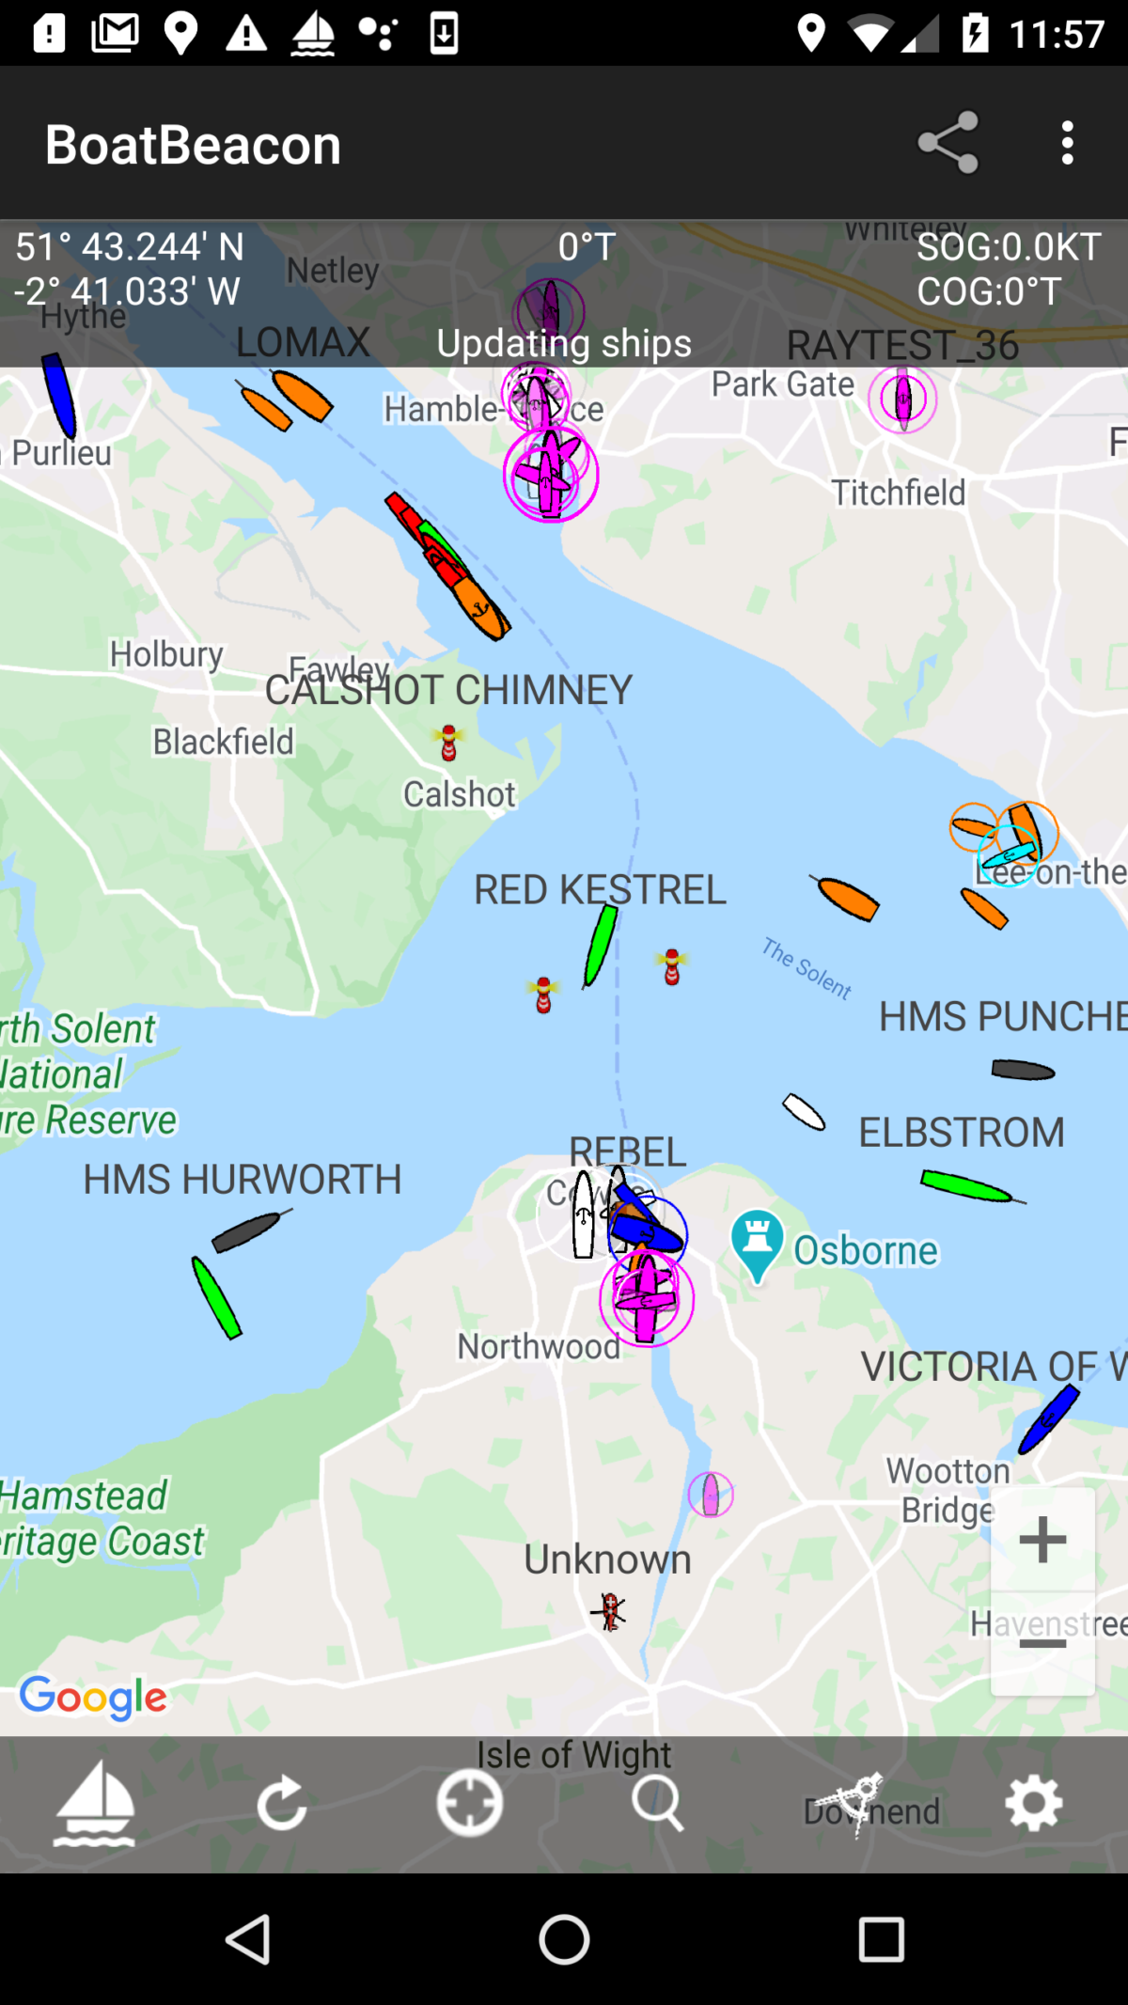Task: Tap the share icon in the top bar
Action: pyautogui.click(x=948, y=143)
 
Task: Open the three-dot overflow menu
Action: pyautogui.click(x=1067, y=143)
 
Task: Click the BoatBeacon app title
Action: pyautogui.click(x=193, y=145)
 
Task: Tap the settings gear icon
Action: pyautogui.click(x=1033, y=1803)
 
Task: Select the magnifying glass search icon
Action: pyautogui.click(x=657, y=1803)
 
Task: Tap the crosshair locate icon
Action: pyautogui.click(x=469, y=1803)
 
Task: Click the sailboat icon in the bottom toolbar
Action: pyautogui.click(x=94, y=1803)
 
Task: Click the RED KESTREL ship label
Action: pyautogui.click(x=600, y=889)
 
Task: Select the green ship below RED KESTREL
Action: pyautogui.click(x=600, y=945)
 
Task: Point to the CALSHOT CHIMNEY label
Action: pyautogui.click(x=448, y=690)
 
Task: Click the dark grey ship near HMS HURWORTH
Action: pyautogui.click(x=247, y=1230)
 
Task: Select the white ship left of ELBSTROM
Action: pyautogui.click(x=804, y=1112)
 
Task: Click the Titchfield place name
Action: pyautogui.click(x=898, y=493)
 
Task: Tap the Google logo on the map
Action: pyautogui.click(x=93, y=1697)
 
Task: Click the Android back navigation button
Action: pyautogui.click(x=249, y=1939)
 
